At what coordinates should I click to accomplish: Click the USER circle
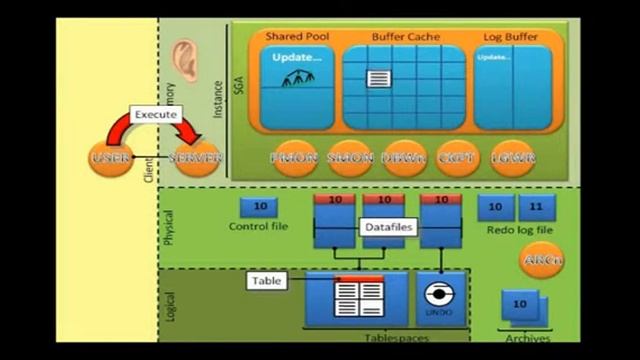click(109, 159)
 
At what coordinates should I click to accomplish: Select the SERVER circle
click(195, 159)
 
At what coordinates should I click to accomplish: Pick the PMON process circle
click(296, 158)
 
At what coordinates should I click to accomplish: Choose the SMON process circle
click(351, 158)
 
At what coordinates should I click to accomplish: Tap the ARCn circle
click(540, 261)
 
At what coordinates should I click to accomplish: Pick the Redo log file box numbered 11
click(536, 207)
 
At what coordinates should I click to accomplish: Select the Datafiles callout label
click(387, 227)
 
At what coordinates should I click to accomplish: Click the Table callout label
click(267, 281)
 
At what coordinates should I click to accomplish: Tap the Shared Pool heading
click(297, 36)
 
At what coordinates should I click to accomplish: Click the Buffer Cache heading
click(404, 36)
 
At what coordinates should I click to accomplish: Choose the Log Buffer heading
click(510, 36)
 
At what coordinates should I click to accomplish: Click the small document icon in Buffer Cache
click(379, 78)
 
